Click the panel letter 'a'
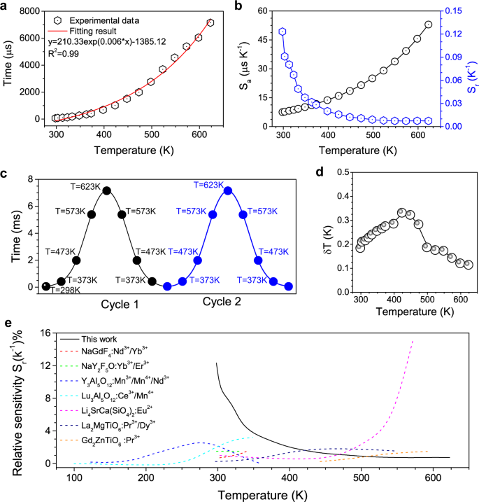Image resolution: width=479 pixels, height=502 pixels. pos(8,8)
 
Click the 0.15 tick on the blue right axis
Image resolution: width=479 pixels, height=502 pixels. pos(455,11)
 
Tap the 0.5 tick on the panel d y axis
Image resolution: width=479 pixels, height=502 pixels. pos(342,171)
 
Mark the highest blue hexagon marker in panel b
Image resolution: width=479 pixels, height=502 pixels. pos(283,32)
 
